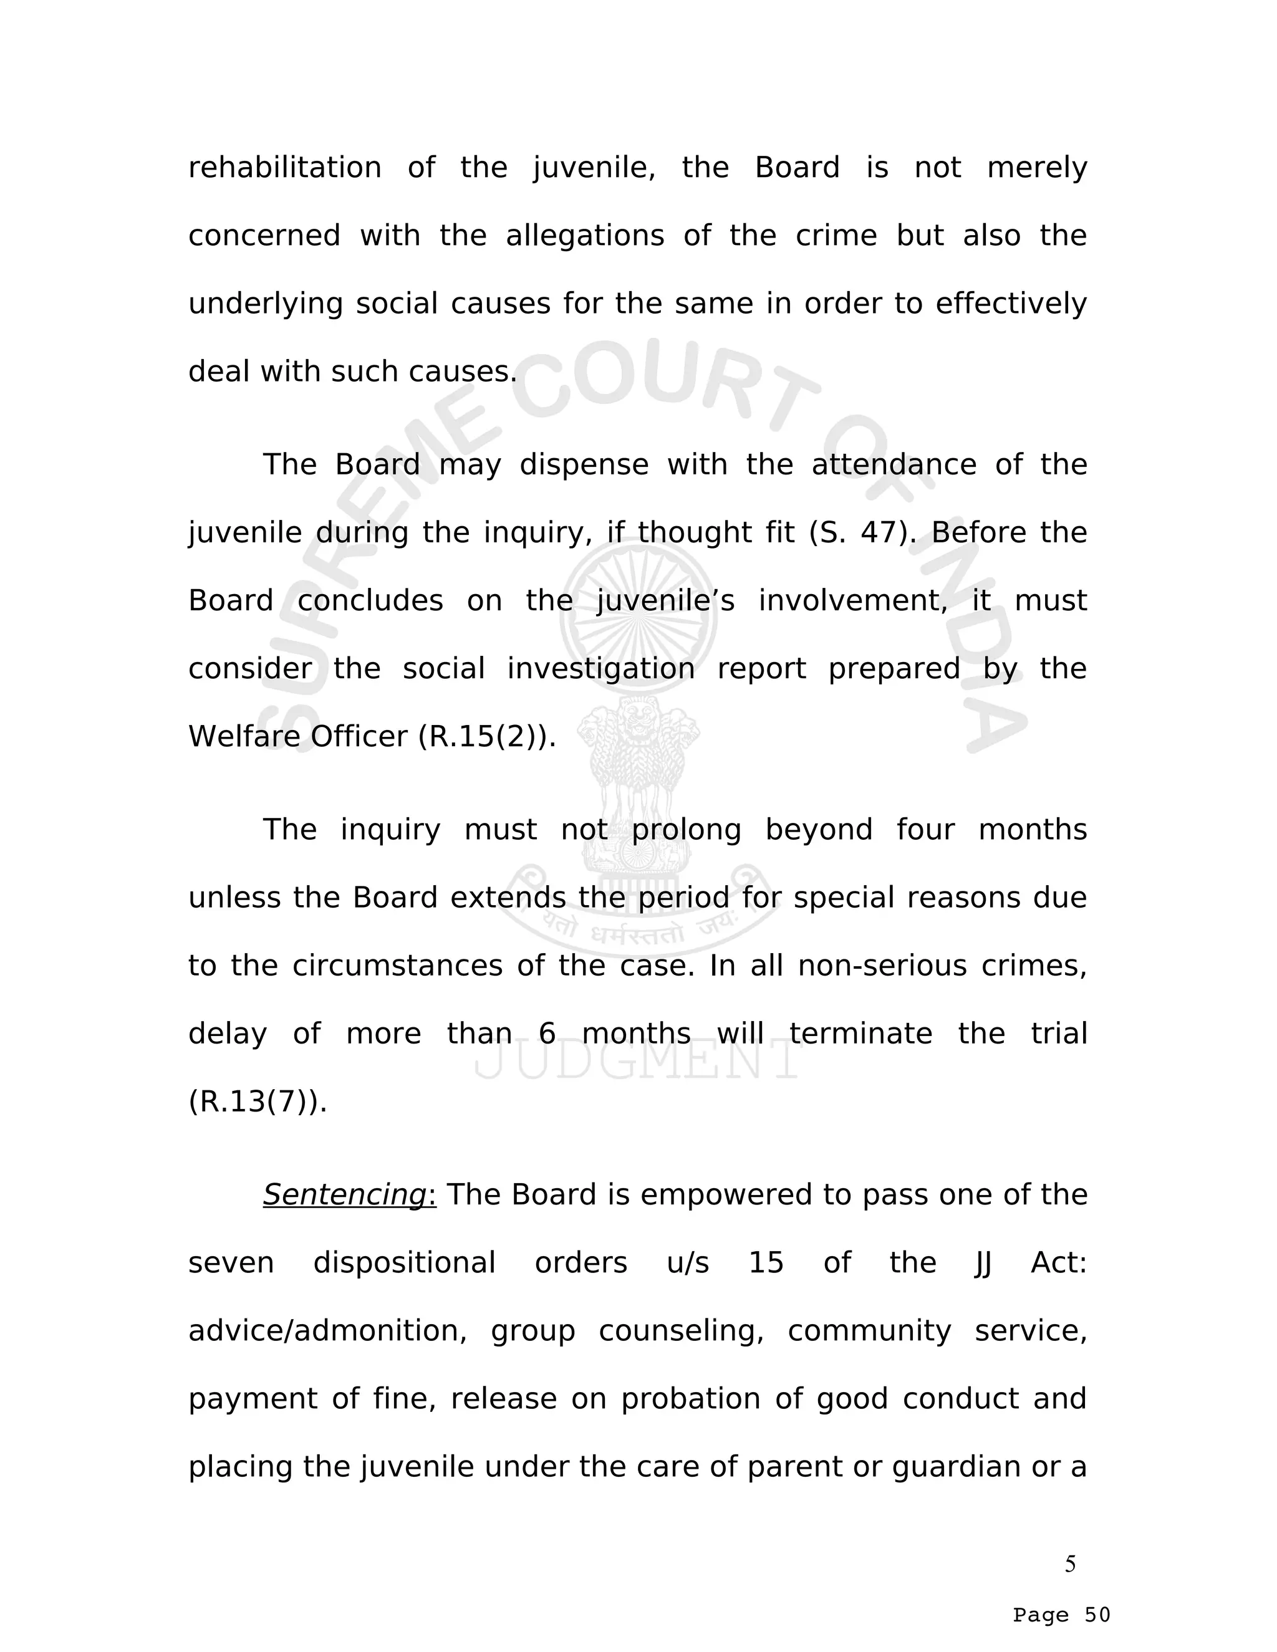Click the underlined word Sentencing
[345, 1195]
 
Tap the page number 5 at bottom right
[1070, 1564]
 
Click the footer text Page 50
[1061, 1615]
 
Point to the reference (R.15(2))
[486, 737]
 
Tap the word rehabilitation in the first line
[284, 167]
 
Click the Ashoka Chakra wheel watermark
[638, 617]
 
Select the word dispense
[584, 464]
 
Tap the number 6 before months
[547, 1034]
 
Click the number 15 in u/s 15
[766, 1263]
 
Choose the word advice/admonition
[327, 1332]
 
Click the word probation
[690, 1400]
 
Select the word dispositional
[404, 1263]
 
